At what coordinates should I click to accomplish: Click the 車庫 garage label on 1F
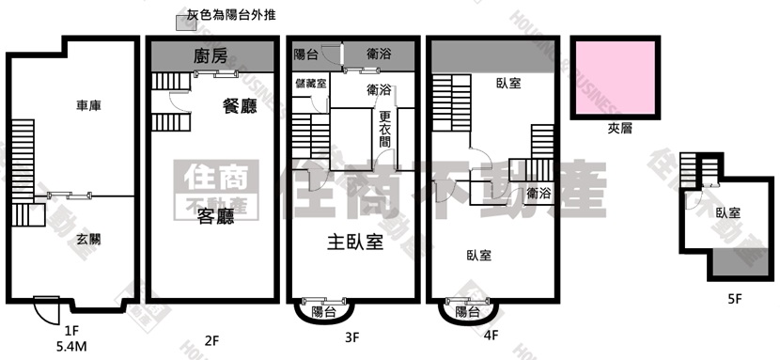[89, 106]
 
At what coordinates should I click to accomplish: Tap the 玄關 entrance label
[89, 239]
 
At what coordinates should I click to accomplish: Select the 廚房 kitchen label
[211, 56]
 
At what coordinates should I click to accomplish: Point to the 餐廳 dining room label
[240, 106]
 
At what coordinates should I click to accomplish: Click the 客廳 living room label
[214, 217]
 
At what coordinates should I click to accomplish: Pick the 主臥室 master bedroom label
[354, 243]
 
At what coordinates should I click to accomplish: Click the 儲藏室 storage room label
[310, 84]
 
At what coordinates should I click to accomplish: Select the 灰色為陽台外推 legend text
[224, 15]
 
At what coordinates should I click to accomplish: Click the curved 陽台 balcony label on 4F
[467, 311]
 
